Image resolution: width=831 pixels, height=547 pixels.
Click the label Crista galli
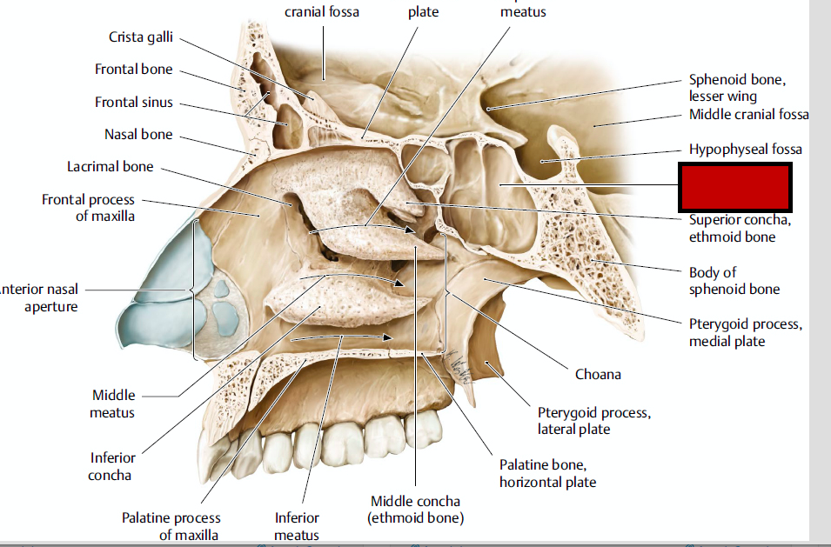(140, 37)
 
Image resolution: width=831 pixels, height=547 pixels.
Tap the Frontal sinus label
(134, 103)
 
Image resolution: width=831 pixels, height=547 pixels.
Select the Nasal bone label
(138, 135)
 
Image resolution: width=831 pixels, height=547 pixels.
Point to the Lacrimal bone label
(110, 166)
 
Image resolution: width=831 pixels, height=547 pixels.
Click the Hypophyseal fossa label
(745, 150)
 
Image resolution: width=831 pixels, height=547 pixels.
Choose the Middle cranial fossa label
(748, 115)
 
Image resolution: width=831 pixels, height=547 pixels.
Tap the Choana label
(598, 375)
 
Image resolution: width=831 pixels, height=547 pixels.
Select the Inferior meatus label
(297, 526)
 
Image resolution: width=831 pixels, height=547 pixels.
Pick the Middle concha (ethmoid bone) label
(415, 510)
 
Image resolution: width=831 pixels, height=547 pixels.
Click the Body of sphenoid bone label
(734, 281)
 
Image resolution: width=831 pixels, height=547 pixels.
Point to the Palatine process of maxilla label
(171, 526)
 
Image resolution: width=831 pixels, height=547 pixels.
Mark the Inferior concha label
(112, 466)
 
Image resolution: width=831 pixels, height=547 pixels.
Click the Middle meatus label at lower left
(112, 404)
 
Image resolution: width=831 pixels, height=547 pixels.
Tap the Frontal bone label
(134, 70)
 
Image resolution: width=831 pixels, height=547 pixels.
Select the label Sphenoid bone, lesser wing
(737, 88)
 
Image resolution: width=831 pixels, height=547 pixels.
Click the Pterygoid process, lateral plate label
(593, 420)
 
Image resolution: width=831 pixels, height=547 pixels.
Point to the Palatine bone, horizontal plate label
(547, 473)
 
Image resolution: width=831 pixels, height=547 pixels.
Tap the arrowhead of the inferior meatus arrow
(389, 337)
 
